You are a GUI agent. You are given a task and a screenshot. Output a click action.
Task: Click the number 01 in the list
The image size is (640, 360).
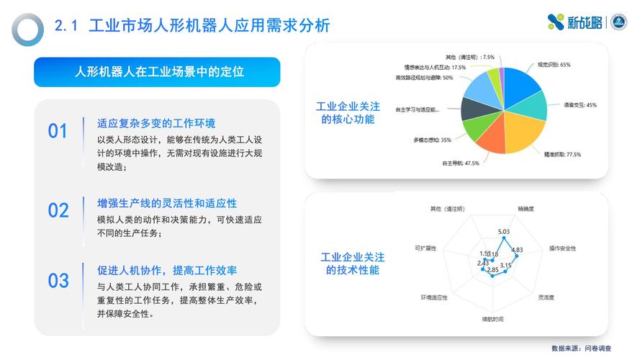pos(58,131)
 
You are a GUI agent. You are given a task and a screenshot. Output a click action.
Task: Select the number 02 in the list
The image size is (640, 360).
pos(58,210)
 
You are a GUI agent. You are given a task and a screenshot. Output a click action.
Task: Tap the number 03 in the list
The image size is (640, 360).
pos(58,280)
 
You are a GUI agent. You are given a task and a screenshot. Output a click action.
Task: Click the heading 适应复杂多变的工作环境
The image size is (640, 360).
pos(156,123)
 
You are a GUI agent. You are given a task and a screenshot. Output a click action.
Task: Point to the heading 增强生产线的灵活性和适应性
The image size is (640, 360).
pos(167,203)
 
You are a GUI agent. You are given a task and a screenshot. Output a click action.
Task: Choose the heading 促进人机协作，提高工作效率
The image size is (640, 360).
pos(167,271)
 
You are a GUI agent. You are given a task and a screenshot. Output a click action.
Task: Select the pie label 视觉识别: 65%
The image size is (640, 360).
pos(554,65)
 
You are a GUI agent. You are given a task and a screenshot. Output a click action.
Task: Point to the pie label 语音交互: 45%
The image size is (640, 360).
pos(580,105)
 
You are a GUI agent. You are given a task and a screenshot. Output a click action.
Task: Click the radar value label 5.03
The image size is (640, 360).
pos(504,232)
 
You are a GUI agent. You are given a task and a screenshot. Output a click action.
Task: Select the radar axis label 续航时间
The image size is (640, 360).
pos(493,318)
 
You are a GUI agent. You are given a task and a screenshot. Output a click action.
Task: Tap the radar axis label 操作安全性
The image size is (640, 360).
pos(562,248)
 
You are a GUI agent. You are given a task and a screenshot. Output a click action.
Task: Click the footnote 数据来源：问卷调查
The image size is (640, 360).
pos(581,348)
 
